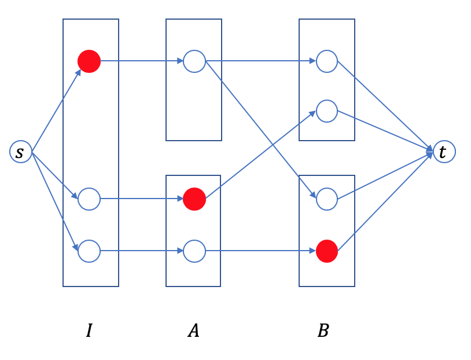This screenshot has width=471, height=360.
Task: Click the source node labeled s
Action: click(x=20, y=152)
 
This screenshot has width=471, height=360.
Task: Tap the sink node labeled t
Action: click(x=444, y=152)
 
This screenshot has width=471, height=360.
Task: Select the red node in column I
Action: click(x=89, y=61)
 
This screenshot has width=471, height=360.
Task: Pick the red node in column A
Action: click(x=194, y=199)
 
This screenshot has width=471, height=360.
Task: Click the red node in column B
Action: click(x=327, y=251)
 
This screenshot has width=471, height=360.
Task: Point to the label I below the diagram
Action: click(x=89, y=330)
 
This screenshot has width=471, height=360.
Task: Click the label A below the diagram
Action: click(x=193, y=330)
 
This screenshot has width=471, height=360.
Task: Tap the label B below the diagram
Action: click(x=323, y=330)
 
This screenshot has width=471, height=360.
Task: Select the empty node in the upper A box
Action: click(x=194, y=61)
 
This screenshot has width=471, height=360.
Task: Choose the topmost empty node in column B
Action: click(x=327, y=61)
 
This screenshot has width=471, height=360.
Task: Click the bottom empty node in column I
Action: click(x=89, y=251)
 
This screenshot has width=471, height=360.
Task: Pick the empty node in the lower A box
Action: click(x=194, y=251)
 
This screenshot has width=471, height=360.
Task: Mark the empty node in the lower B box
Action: click(x=327, y=199)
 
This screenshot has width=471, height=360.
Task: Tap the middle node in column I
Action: click(x=89, y=199)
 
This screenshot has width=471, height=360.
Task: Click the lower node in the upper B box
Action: click(x=327, y=111)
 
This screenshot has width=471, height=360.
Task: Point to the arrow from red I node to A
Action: click(x=142, y=60)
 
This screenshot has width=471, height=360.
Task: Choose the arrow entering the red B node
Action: click(x=260, y=251)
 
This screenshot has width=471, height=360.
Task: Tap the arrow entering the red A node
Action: click(x=142, y=199)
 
